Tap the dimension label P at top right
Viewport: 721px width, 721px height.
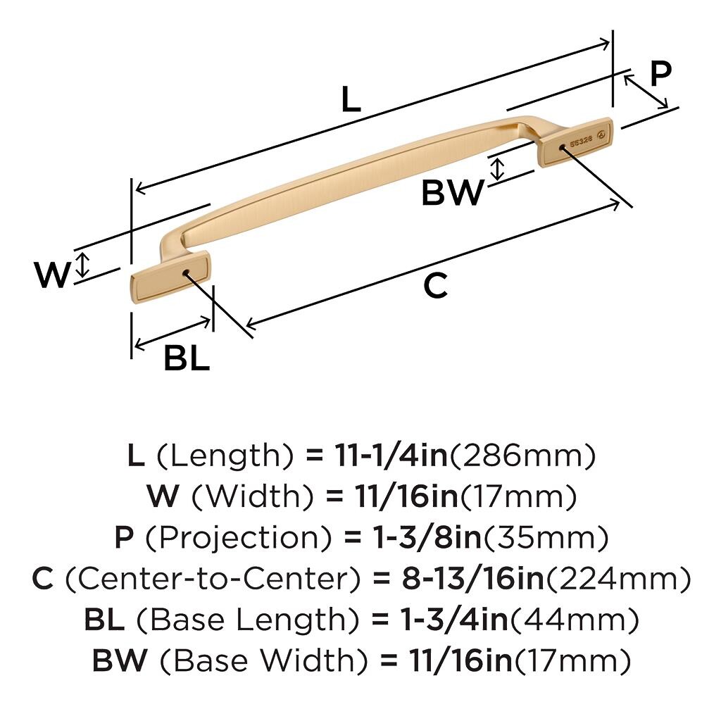(660, 73)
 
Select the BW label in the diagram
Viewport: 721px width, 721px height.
(453, 192)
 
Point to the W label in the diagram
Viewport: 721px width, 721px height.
(53, 275)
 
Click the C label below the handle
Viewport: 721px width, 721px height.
(435, 286)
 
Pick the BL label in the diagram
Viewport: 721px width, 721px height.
(187, 359)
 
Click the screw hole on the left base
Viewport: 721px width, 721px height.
(185, 272)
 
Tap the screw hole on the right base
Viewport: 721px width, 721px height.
(561, 147)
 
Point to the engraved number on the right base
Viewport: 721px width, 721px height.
(580, 139)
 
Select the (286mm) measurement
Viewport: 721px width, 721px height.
(522, 456)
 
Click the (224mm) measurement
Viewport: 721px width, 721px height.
(618, 579)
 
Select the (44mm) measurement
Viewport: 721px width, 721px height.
(574, 620)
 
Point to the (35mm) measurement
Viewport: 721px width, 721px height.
(544, 538)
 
